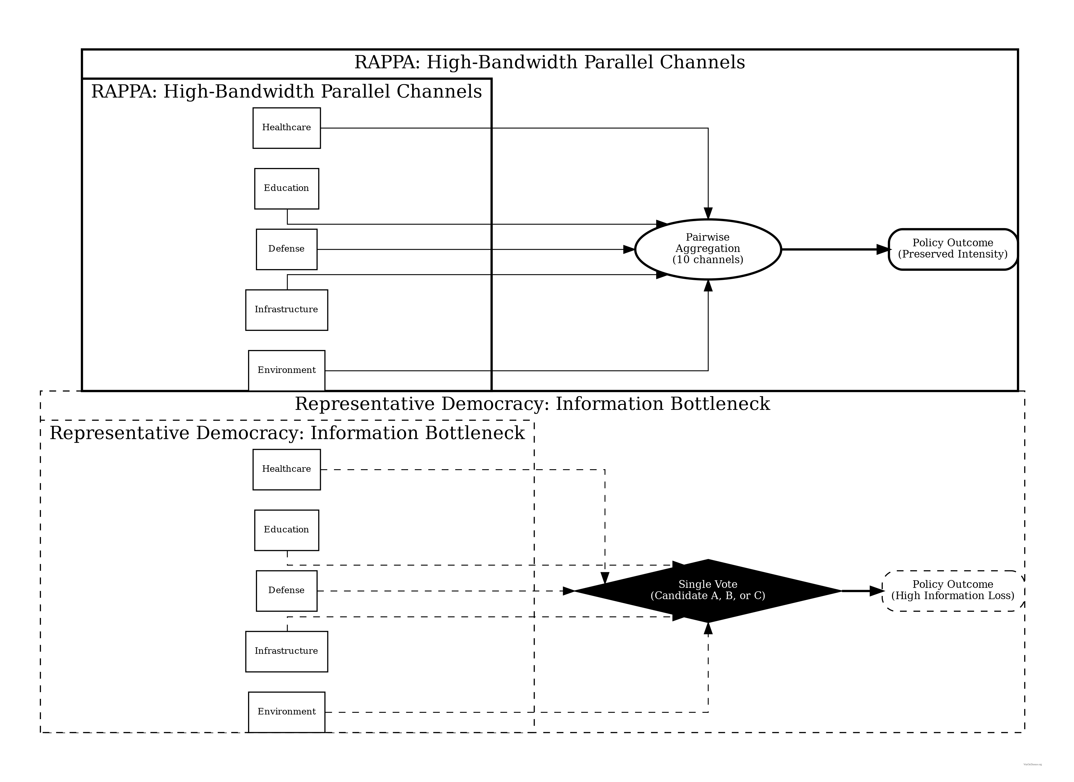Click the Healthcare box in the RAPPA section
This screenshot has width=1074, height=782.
coord(287,128)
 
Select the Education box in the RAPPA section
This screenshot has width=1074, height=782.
coord(287,189)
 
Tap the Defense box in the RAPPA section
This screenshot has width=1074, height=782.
coord(287,249)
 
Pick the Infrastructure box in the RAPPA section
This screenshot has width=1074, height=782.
coord(287,310)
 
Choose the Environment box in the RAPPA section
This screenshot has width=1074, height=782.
coord(287,371)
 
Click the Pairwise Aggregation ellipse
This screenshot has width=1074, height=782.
coord(708,249)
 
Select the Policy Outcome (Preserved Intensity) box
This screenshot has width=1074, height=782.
coord(953,249)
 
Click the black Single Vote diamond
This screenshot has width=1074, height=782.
coord(708,591)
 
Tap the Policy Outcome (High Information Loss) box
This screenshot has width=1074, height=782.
coord(953,591)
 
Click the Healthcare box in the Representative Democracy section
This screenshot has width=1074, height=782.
coord(287,469)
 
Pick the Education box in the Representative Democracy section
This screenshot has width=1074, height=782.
coord(287,530)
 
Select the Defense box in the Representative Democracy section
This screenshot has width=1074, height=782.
coord(287,591)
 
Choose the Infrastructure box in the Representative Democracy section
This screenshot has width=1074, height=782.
coord(287,651)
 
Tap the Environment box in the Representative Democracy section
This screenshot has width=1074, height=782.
coord(287,712)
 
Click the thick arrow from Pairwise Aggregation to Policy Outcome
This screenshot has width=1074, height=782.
coord(833,249)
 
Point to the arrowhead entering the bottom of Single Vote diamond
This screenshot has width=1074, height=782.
coord(708,629)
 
